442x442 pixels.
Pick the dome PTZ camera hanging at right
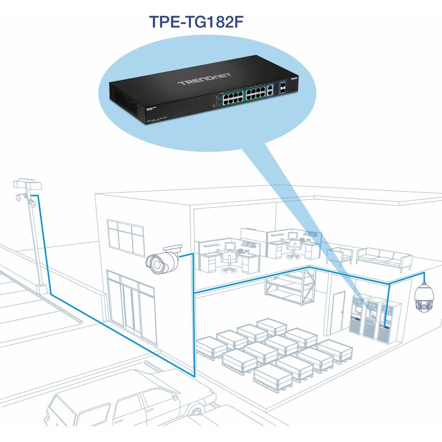pos(424,298)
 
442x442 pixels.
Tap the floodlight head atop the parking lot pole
pos(28,185)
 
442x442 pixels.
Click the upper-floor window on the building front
pos(125,237)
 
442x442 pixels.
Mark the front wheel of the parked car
pos(198,409)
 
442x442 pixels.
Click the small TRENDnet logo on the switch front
pos(294,78)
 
